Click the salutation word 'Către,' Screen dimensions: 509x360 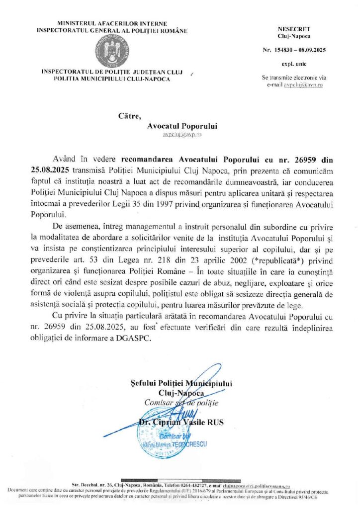(x=130, y=116)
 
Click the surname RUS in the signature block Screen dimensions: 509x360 (x=216, y=423)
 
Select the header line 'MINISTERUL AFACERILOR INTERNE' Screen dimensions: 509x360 (x=113, y=23)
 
